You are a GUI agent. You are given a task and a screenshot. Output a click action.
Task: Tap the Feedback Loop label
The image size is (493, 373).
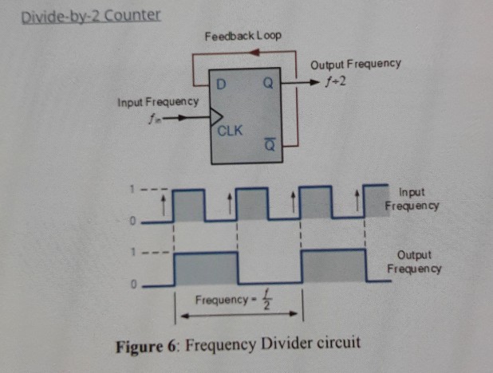point(243,37)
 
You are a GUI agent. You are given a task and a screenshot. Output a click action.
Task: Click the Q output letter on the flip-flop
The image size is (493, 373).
point(269,84)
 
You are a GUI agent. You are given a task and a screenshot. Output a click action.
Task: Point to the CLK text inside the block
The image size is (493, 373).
point(231,131)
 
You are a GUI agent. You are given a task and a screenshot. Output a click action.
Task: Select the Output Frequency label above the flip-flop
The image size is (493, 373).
point(355,64)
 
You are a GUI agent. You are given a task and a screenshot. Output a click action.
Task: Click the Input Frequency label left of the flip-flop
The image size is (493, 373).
point(157,103)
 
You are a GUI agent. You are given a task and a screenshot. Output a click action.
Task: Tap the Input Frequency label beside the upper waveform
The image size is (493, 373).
point(412,198)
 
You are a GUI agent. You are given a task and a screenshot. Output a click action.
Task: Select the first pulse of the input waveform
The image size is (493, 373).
point(190,203)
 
